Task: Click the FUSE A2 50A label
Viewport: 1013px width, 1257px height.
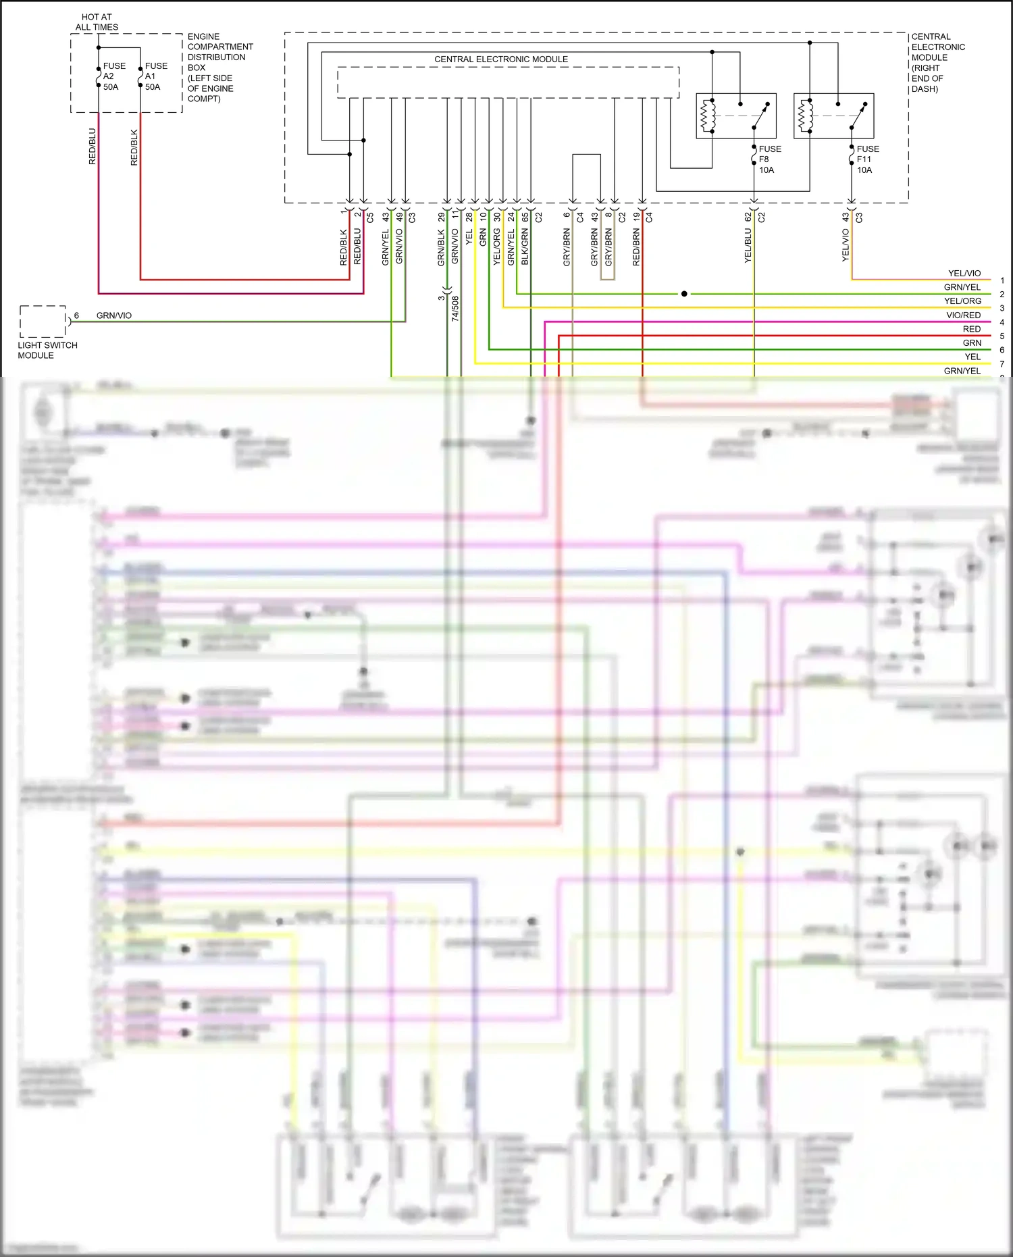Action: click(x=113, y=76)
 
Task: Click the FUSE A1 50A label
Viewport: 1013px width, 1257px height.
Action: click(x=155, y=76)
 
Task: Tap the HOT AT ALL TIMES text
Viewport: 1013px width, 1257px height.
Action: click(x=97, y=22)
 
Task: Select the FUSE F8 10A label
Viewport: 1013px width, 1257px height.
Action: click(x=769, y=159)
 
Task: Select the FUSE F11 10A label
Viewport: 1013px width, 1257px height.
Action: click(x=867, y=159)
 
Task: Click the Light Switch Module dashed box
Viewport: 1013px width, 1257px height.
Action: click(x=43, y=322)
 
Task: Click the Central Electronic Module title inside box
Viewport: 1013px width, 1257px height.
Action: click(x=500, y=59)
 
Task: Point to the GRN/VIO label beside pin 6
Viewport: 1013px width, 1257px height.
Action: click(x=114, y=315)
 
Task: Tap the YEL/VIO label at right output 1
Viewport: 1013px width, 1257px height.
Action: click(x=964, y=274)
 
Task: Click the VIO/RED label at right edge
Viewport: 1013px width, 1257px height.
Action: click(x=962, y=315)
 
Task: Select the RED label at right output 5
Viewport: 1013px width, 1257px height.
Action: click(x=971, y=329)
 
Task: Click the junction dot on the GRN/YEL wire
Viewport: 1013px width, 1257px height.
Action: click(x=684, y=294)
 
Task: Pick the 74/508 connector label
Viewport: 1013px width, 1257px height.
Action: click(x=455, y=308)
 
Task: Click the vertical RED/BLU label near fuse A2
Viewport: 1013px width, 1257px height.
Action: click(x=93, y=147)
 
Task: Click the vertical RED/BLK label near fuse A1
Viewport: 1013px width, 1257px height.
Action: click(x=134, y=147)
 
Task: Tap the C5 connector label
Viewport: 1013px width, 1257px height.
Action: click(x=370, y=217)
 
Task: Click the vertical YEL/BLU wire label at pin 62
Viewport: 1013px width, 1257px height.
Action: click(x=748, y=246)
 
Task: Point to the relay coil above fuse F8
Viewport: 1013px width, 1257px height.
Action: click(x=708, y=116)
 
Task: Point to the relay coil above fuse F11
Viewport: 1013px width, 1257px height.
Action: click(x=806, y=116)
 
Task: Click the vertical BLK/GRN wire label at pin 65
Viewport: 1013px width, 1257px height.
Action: click(x=525, y=247)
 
